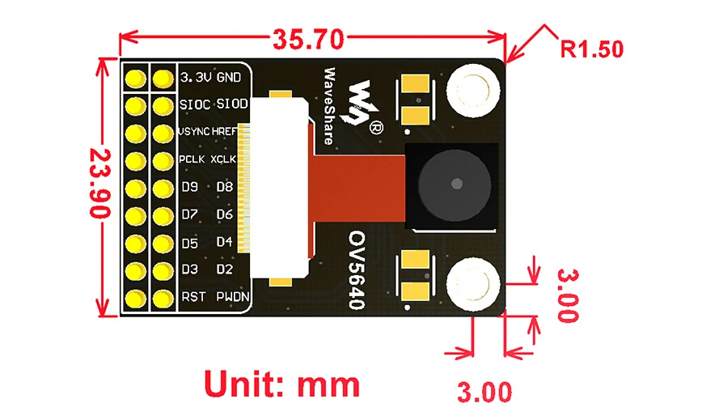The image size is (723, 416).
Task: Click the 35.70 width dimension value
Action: tap(308, 39)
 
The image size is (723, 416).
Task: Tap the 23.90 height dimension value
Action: tap(100, 183)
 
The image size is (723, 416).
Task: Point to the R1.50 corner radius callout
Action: tap(592, 49)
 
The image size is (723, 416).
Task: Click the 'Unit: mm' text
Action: tap(281, 384)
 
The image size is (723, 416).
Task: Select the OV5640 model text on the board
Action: tap(357, 270)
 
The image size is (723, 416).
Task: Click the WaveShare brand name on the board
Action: tap(329, 106)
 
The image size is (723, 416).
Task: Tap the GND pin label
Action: tap(229, 77)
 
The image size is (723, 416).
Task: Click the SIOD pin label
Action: tap(232, 104)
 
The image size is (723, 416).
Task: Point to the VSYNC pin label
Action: tap(194, 131)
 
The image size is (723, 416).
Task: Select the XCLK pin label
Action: tap(224, 159)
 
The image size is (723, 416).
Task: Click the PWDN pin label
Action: tap(233, 296)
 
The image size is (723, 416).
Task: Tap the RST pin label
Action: tap(193, 296)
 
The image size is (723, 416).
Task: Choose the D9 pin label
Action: tap(189, 187)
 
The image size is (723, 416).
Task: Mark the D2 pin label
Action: tap(225, 270)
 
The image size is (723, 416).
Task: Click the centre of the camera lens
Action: tap(456, 184)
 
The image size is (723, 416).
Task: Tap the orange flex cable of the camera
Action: tap(357, 188)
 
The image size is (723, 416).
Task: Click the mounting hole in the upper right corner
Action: tap(473, 90)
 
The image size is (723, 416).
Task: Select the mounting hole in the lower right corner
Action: tap(473, 283)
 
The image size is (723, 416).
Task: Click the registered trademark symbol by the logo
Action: tap(376, 127)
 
